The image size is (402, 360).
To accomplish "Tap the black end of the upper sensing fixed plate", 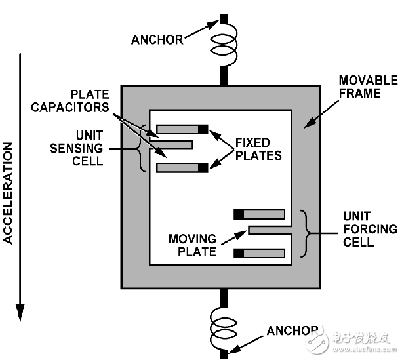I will [203, 129].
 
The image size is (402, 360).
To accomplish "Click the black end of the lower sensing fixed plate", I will [203, 168].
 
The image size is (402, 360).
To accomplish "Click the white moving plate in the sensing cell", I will [172, 143].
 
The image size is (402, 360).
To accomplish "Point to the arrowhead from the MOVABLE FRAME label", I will [304, 123].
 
